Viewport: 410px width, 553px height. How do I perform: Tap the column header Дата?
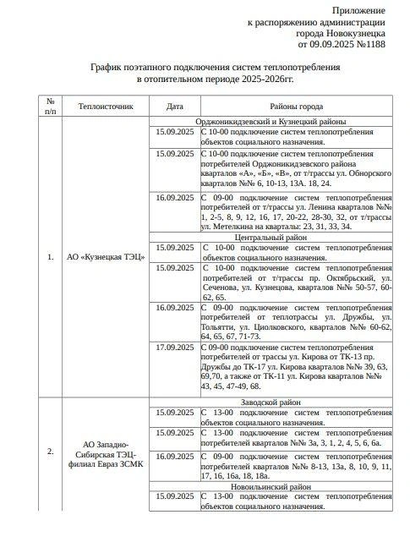pyautogui.click(x=174, y=107)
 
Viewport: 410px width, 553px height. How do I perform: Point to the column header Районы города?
pyautogui.click(x=296, y=107)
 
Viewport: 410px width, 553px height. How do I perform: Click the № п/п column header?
pyautogui.click(x=51, y=107)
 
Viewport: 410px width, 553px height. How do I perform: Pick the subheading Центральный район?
pyautogui.click(x=296, y=238)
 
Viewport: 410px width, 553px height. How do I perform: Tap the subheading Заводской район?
pyautogui.click(x=296, y=402)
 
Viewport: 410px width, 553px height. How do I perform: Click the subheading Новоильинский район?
pyautogui.click(x=296, y=486)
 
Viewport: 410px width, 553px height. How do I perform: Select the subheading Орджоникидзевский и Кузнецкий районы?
pyautogui.click(x=296, y=122)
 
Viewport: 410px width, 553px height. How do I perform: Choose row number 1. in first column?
pyautogui.click(x=51, y=255)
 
